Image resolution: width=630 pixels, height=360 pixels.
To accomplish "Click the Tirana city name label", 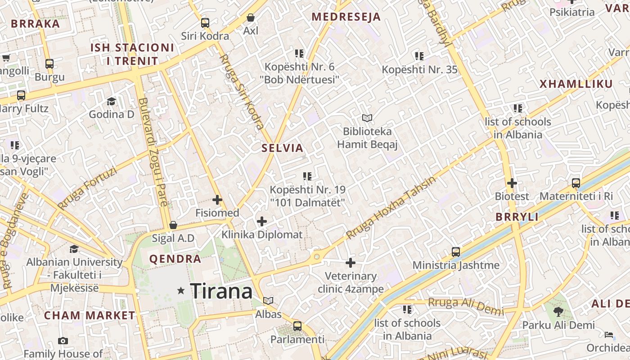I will [x=221, y=291].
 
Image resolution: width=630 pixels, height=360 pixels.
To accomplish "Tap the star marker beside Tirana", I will [x=181, y=291].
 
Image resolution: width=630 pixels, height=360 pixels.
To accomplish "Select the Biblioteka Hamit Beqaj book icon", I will [x=367, y=118].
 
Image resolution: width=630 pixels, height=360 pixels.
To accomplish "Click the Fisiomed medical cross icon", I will [x=217, y=199].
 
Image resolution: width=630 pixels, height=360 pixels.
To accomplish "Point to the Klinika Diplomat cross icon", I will [x=262, y=221].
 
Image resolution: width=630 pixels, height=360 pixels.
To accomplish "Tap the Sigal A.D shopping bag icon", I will [x=173, y=225].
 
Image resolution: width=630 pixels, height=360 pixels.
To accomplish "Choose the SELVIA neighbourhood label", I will [x=283, y=148].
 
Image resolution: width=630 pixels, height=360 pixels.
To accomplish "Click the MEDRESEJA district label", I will [x=346, y=17].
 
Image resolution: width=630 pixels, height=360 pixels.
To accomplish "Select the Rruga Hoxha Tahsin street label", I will [x=391, y=208].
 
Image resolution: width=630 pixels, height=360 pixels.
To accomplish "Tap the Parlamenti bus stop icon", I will [x=297, y=326].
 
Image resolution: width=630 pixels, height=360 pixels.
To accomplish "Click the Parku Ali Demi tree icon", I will [x=558, y=311].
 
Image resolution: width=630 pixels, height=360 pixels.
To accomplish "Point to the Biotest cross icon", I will [x=512, y=183].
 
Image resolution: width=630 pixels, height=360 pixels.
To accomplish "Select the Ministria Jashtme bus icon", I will [x=456, y=252].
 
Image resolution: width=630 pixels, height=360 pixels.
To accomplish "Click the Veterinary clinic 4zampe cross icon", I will [x=351, y=263].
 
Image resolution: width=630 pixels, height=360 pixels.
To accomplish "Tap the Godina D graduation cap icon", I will [x=111, y=101].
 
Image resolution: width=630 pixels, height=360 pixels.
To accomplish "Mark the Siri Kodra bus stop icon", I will [x=205, y=22].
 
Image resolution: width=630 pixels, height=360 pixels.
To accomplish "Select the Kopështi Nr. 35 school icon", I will [x=419, y=56].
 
